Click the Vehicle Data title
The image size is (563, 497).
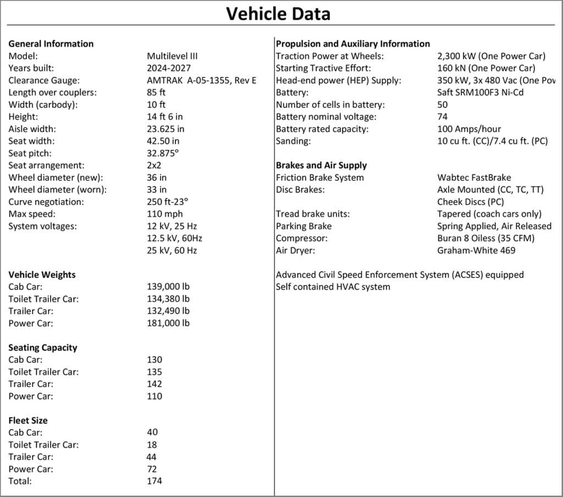click(x=279, y=13)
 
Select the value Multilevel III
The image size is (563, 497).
click(x=172, y=56)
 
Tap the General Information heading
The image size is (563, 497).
click(x=51, y=44)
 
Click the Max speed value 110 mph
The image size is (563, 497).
click(x=165, y=214)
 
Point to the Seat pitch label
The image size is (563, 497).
click(x=31, y=153)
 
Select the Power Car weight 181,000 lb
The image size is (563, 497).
click(x=168, y=323)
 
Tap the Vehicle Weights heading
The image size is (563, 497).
click(x=42, y=275)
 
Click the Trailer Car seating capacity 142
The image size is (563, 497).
click(x=154, y=384)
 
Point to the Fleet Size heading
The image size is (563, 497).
click(x=27, y=421)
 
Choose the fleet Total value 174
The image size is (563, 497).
click(x=154, y=481)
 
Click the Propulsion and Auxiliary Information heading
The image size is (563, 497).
click(x=353, y=44)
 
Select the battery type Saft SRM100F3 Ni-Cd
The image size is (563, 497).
click(x=480, y=92)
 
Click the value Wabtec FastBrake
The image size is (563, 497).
click(x=474, y=178)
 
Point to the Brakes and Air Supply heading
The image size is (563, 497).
click(x=321, y=165)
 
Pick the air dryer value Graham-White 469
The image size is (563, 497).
click(x=476, y=250)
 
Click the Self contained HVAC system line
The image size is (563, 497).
click(x=333, y=286)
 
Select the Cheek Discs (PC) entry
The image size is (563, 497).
click(x=471, y=202)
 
